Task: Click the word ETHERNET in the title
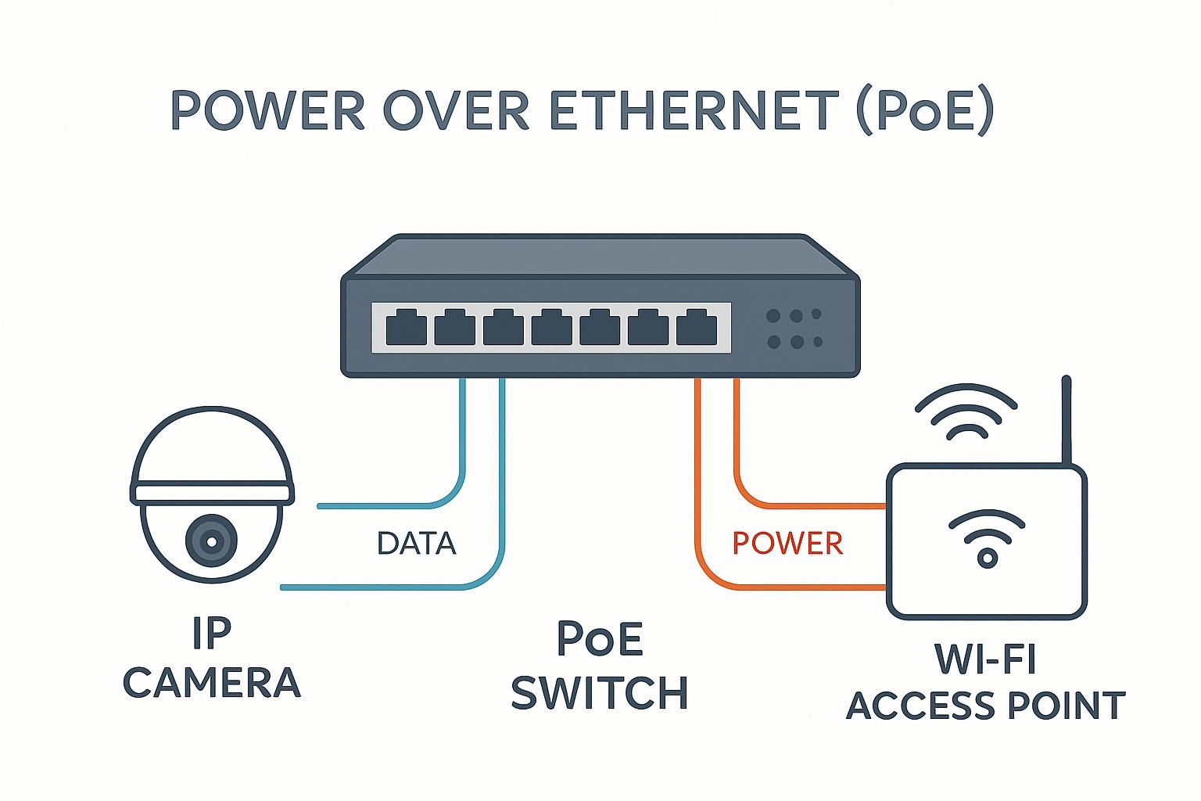coord(694,110)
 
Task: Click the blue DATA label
coord(417,543)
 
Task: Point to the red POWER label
coord(787,543)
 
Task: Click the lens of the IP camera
coord(211,541)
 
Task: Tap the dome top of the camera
coord(213,445)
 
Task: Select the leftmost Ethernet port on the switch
coord(407,327)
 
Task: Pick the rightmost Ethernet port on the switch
coord(697,327)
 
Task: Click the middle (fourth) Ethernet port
coord(552,327)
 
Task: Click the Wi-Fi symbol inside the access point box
coord(987,538)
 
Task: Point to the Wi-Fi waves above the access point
coord(966,411)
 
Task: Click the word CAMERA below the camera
coord(212,682)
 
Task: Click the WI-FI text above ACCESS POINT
coord(985,659)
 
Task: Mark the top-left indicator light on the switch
coord(773,315)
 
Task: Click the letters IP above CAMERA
coord(212,633)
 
